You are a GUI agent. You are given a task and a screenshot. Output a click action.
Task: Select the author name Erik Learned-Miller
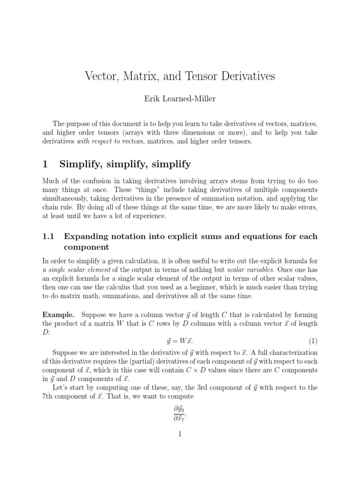tap(180, 99)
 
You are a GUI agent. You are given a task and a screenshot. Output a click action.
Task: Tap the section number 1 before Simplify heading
tap(45, 164)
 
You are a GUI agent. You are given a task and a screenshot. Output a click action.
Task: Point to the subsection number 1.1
tap(49, 236)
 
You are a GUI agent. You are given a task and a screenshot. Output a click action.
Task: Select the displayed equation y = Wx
tap(180, 339)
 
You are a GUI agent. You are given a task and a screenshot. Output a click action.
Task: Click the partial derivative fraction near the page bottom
tap(179, 413)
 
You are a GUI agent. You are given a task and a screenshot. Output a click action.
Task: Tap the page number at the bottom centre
tap(180, 435)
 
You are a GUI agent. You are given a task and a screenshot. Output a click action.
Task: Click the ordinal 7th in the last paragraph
tap(49, 396)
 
